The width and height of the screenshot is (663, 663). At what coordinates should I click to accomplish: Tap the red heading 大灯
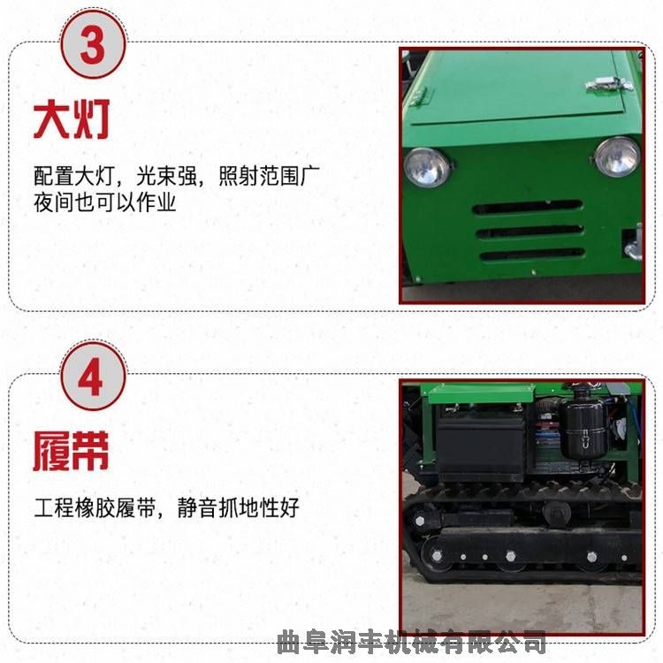click(x=72, y=118)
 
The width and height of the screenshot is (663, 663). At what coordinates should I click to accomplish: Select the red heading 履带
click(x=71, y=451)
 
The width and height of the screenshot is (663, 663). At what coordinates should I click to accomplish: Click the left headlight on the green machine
click(x=427, y=167)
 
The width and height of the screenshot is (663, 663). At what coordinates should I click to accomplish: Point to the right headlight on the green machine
click(x=617, y=156)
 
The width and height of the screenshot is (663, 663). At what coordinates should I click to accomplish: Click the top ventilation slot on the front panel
click(x=527, y=207)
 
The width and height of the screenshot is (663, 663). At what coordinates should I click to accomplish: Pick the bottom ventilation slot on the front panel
click(x=532, y=255)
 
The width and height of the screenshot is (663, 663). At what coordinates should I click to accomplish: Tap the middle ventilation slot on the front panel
click(x=530, y=232)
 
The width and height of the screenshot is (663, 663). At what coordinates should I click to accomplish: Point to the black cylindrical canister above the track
click(x=583, y=430)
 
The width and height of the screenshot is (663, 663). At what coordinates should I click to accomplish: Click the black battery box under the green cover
click(x=481, y=446)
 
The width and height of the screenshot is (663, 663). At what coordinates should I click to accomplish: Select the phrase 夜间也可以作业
click(x=104, y=202)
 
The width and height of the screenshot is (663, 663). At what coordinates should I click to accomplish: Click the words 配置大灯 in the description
click(x=74, y=176)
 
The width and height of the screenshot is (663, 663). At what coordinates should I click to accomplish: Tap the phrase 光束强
click(x=166, y=176)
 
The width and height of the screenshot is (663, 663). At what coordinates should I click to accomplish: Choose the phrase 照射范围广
click(x=269, y=176)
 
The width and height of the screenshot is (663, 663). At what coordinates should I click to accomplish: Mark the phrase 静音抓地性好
click(x=239, y=507)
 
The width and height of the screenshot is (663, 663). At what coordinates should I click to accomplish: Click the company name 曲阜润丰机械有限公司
click(x=411, y=642)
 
